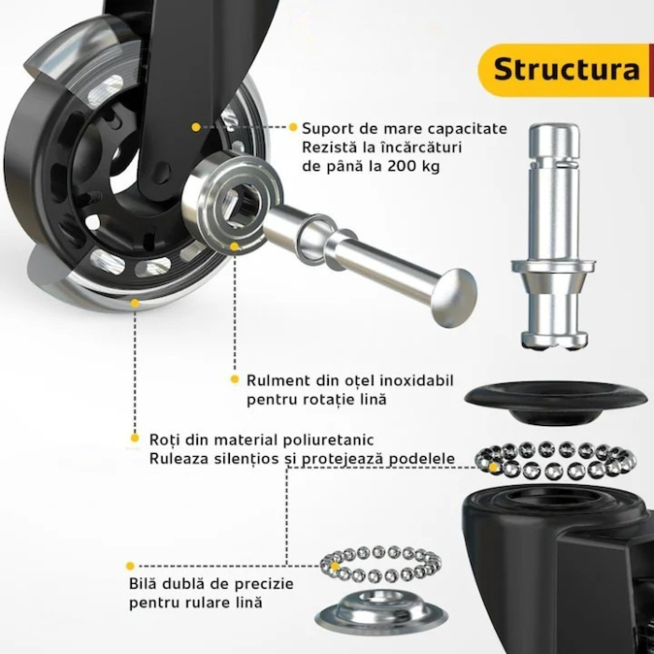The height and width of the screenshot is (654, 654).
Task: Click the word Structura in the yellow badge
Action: (x=566, y=69)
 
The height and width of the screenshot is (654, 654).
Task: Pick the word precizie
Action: (x=264, y=584)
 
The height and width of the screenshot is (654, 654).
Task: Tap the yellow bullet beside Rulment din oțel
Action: (x=235, y=380)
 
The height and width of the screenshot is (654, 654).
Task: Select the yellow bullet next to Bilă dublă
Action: (x=131, y=565)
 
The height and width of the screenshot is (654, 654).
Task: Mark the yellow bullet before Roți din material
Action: (x=135, y=438)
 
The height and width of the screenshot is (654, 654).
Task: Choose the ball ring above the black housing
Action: (x=551, y=459)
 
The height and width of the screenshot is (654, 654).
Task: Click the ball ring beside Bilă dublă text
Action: (x=379, y=564)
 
